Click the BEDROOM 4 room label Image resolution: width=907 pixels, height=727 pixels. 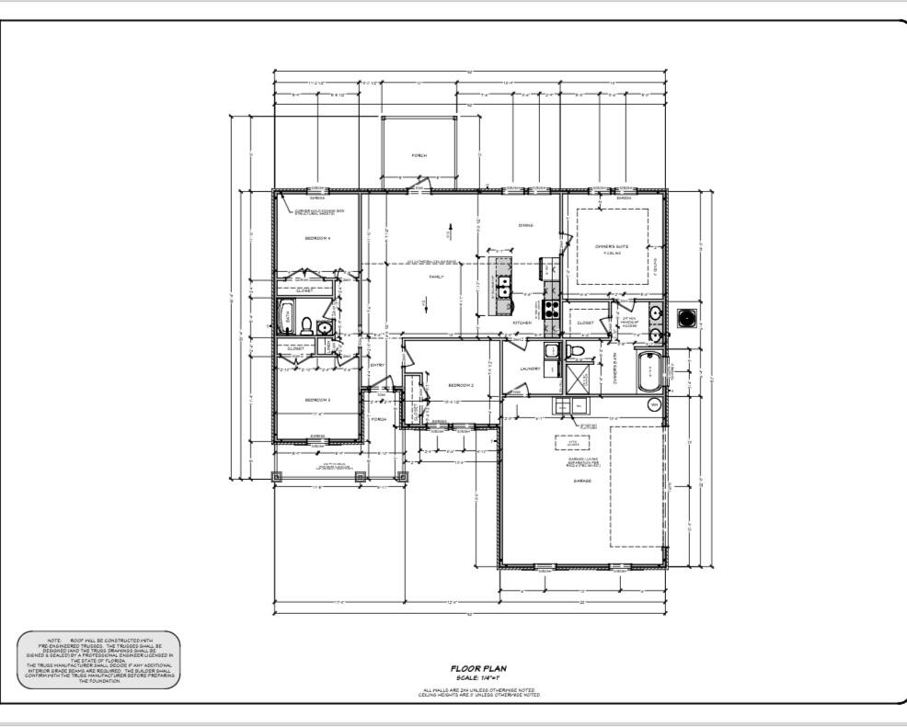[x=317, y=238]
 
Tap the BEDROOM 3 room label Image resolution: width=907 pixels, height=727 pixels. [x=317, y=400]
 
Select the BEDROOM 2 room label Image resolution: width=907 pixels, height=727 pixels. [x=460, y=385]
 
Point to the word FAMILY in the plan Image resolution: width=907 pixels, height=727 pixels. [x=437, y=276]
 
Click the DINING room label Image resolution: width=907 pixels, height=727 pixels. [x=525, y=224]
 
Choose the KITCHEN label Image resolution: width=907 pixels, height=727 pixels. [x=522, y=324]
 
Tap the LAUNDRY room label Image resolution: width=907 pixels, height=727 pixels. [x=529, y=369]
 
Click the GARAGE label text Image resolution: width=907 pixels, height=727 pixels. [x=581, y=481]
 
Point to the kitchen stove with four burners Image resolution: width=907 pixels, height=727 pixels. [x=552, y=309]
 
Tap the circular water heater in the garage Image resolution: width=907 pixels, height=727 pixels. [x=654, y=404]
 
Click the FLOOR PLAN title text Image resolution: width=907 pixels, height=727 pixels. [x=477, y=669]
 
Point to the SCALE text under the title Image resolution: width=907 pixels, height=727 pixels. [x=477, y=678]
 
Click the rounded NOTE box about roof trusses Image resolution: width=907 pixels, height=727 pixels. [x=98, y=660]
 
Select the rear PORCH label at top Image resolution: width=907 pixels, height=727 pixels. [x=419, y=155]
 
